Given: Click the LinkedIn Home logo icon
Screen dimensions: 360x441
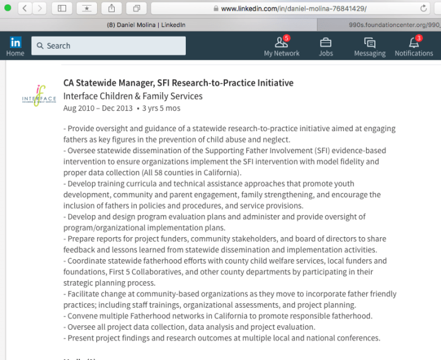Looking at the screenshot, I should (15, 43).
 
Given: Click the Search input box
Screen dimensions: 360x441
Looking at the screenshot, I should (108, 46).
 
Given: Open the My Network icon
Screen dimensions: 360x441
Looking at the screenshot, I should (282, 44).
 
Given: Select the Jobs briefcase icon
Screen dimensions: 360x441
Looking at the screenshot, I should (326, 43).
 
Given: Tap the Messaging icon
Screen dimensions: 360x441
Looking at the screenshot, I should (370, 43).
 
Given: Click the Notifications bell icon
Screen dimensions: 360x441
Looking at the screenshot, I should (414, 44).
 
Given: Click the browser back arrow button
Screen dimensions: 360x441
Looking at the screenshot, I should (24, 8).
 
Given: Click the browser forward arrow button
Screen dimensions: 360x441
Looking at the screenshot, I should (39, 8).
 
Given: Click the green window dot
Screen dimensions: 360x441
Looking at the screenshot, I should (8, 8).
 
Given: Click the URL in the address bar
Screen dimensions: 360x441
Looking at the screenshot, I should (294, 9).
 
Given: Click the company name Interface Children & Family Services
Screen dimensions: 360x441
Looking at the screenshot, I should (133, 96).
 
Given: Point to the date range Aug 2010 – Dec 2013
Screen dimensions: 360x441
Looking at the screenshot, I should (98, 108).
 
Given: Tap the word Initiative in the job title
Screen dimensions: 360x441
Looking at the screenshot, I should (272, 83).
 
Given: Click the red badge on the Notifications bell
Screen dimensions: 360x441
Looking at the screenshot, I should (419, 38).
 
